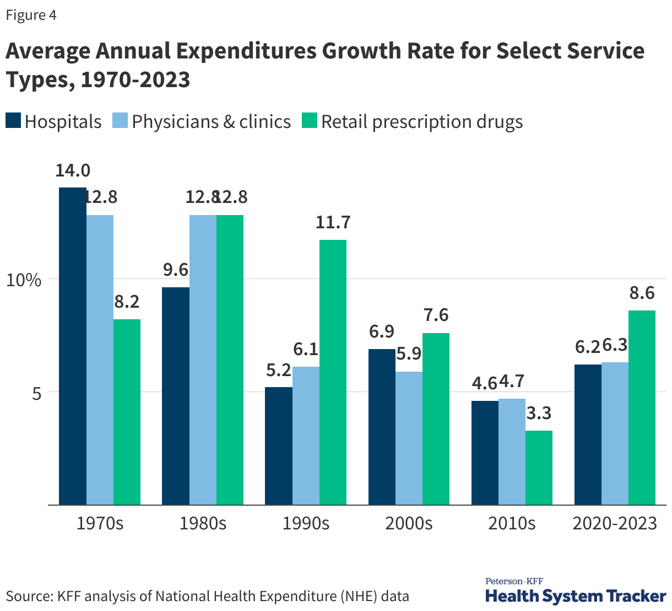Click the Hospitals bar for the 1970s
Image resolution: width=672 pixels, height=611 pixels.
pos(73,346)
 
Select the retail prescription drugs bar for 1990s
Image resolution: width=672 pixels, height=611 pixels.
pos(333,372)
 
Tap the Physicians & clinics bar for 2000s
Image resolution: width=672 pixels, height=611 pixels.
pos(409,438)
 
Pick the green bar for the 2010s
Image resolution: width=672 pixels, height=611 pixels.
pos(539,468)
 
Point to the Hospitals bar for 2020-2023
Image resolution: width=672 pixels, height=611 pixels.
pos(588,435)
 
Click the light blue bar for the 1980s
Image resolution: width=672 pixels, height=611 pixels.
pos(203,360)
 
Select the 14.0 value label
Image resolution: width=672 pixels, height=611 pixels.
pos(73,170)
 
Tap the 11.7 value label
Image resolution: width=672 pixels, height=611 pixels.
pos(333,222)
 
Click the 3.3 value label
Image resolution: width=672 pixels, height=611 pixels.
pos(539,413)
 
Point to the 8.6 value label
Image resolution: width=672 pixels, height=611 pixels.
pos(642,293)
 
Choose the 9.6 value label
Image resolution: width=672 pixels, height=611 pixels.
pos(176,270)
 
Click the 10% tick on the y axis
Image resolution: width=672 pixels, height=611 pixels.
pos(24,280)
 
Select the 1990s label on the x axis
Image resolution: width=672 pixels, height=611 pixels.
pos(306,523)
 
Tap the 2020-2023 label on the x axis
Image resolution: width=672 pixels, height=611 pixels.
pos(615,523)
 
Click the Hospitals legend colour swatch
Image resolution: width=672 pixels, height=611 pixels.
pos(13,121)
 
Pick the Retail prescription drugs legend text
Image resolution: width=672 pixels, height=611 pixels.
pos(422,121)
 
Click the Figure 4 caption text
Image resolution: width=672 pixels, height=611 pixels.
pos(31,15)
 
